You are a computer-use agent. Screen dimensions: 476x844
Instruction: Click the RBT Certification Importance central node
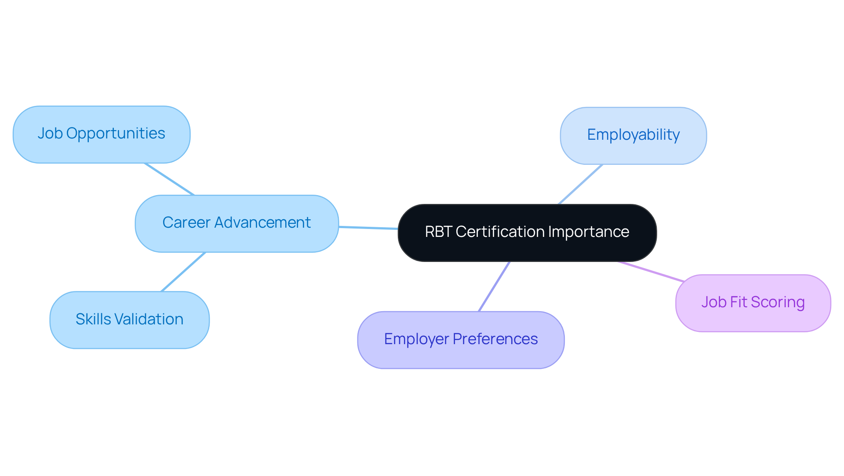527,233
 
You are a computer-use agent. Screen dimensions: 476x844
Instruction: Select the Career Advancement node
236,224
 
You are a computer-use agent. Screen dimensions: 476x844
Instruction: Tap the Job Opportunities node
102,134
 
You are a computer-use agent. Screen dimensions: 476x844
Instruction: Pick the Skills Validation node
129,320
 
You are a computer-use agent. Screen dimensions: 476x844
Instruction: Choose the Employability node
633,136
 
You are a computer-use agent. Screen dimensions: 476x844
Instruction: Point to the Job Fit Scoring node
753,303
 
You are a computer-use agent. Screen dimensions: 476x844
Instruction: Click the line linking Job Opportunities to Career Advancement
169,179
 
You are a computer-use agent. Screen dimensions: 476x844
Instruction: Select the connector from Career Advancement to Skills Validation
183,272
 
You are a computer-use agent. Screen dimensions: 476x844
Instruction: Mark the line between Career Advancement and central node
368,228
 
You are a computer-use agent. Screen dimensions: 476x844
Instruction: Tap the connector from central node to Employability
580,184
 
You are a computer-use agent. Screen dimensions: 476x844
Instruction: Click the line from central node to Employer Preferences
494,287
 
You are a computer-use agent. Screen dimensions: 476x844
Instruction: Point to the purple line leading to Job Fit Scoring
651,271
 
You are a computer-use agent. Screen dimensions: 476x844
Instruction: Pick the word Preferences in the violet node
495,339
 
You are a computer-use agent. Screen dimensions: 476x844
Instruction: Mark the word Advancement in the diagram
262,223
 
